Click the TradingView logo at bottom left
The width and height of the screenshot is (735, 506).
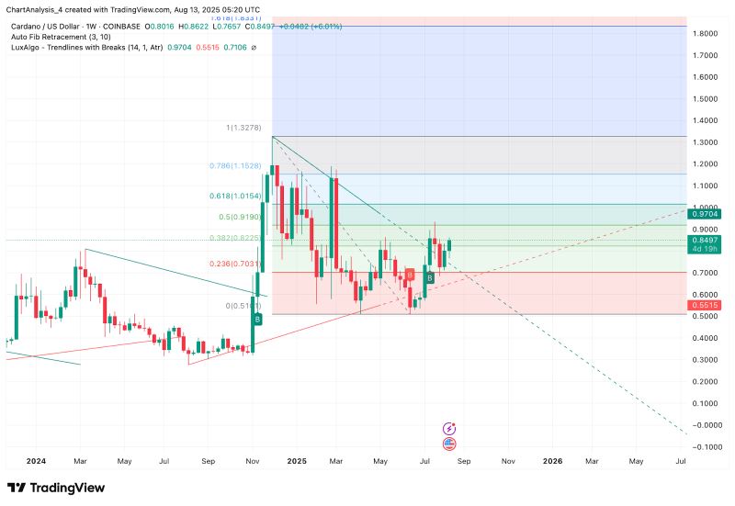[56, 488]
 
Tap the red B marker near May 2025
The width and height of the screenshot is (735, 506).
[410, 275]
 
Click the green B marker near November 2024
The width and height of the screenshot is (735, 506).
[257, 319]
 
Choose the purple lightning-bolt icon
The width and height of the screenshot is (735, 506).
[449, 428]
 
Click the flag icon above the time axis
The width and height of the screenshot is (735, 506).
[449, 444]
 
